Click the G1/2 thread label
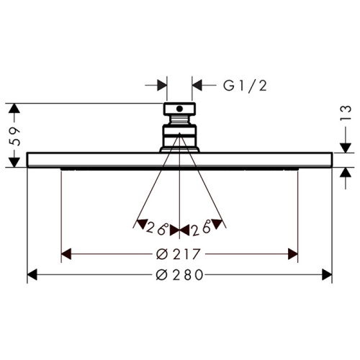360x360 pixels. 245,86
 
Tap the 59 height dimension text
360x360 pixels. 14,136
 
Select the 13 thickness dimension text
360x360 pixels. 346,113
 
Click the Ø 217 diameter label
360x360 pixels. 178,254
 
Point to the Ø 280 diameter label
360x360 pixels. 179,275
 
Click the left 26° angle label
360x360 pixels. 157,228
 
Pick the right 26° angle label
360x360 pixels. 201,228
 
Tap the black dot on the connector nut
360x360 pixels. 179,109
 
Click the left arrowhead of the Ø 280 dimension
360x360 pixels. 32,275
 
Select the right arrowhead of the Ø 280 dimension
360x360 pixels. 327,275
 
